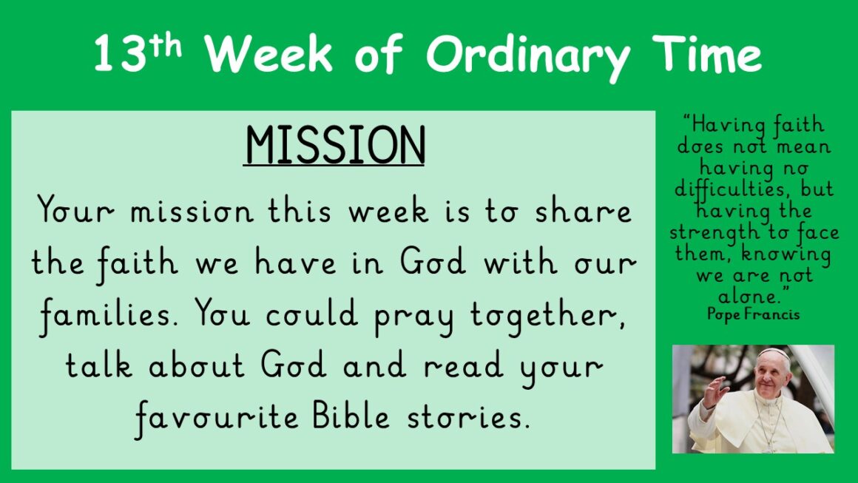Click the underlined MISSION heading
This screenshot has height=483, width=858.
334,146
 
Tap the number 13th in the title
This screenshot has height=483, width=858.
138,53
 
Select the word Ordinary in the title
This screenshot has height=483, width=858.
528,57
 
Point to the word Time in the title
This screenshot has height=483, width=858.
706,53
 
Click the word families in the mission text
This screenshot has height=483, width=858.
109,316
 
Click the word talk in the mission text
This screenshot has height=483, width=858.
99,365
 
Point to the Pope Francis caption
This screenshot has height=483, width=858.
754,314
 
